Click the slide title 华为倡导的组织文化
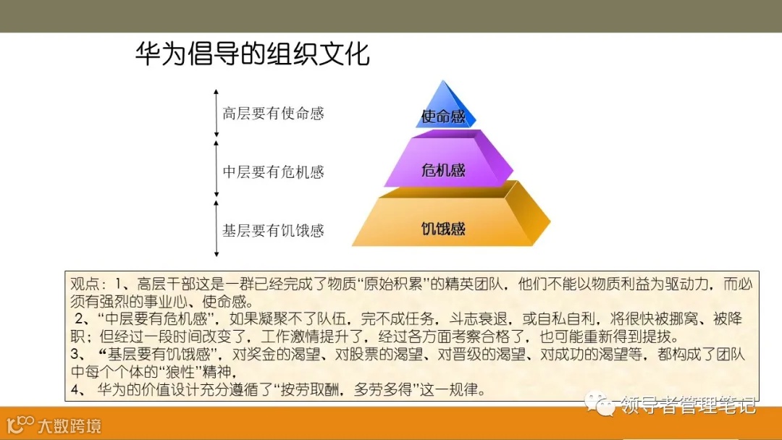coord(252,54)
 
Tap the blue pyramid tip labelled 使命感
coord(444,111)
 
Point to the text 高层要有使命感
coord(273,114)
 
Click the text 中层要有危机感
coord(273,172)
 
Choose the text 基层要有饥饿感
coord(273,231)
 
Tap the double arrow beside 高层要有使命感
coord(216,113)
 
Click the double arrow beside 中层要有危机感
coord(216,171)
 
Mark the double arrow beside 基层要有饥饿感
coord(216,229)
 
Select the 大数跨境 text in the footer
coord(70,425)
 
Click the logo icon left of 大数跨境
coord(20,424)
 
